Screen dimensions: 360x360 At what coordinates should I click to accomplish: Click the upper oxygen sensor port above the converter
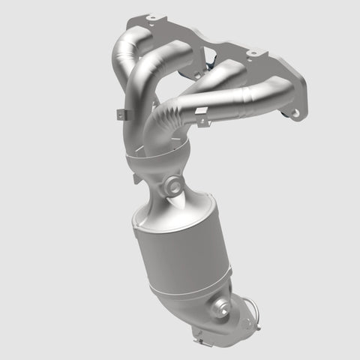pyautogui.click(x=175, y=184)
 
